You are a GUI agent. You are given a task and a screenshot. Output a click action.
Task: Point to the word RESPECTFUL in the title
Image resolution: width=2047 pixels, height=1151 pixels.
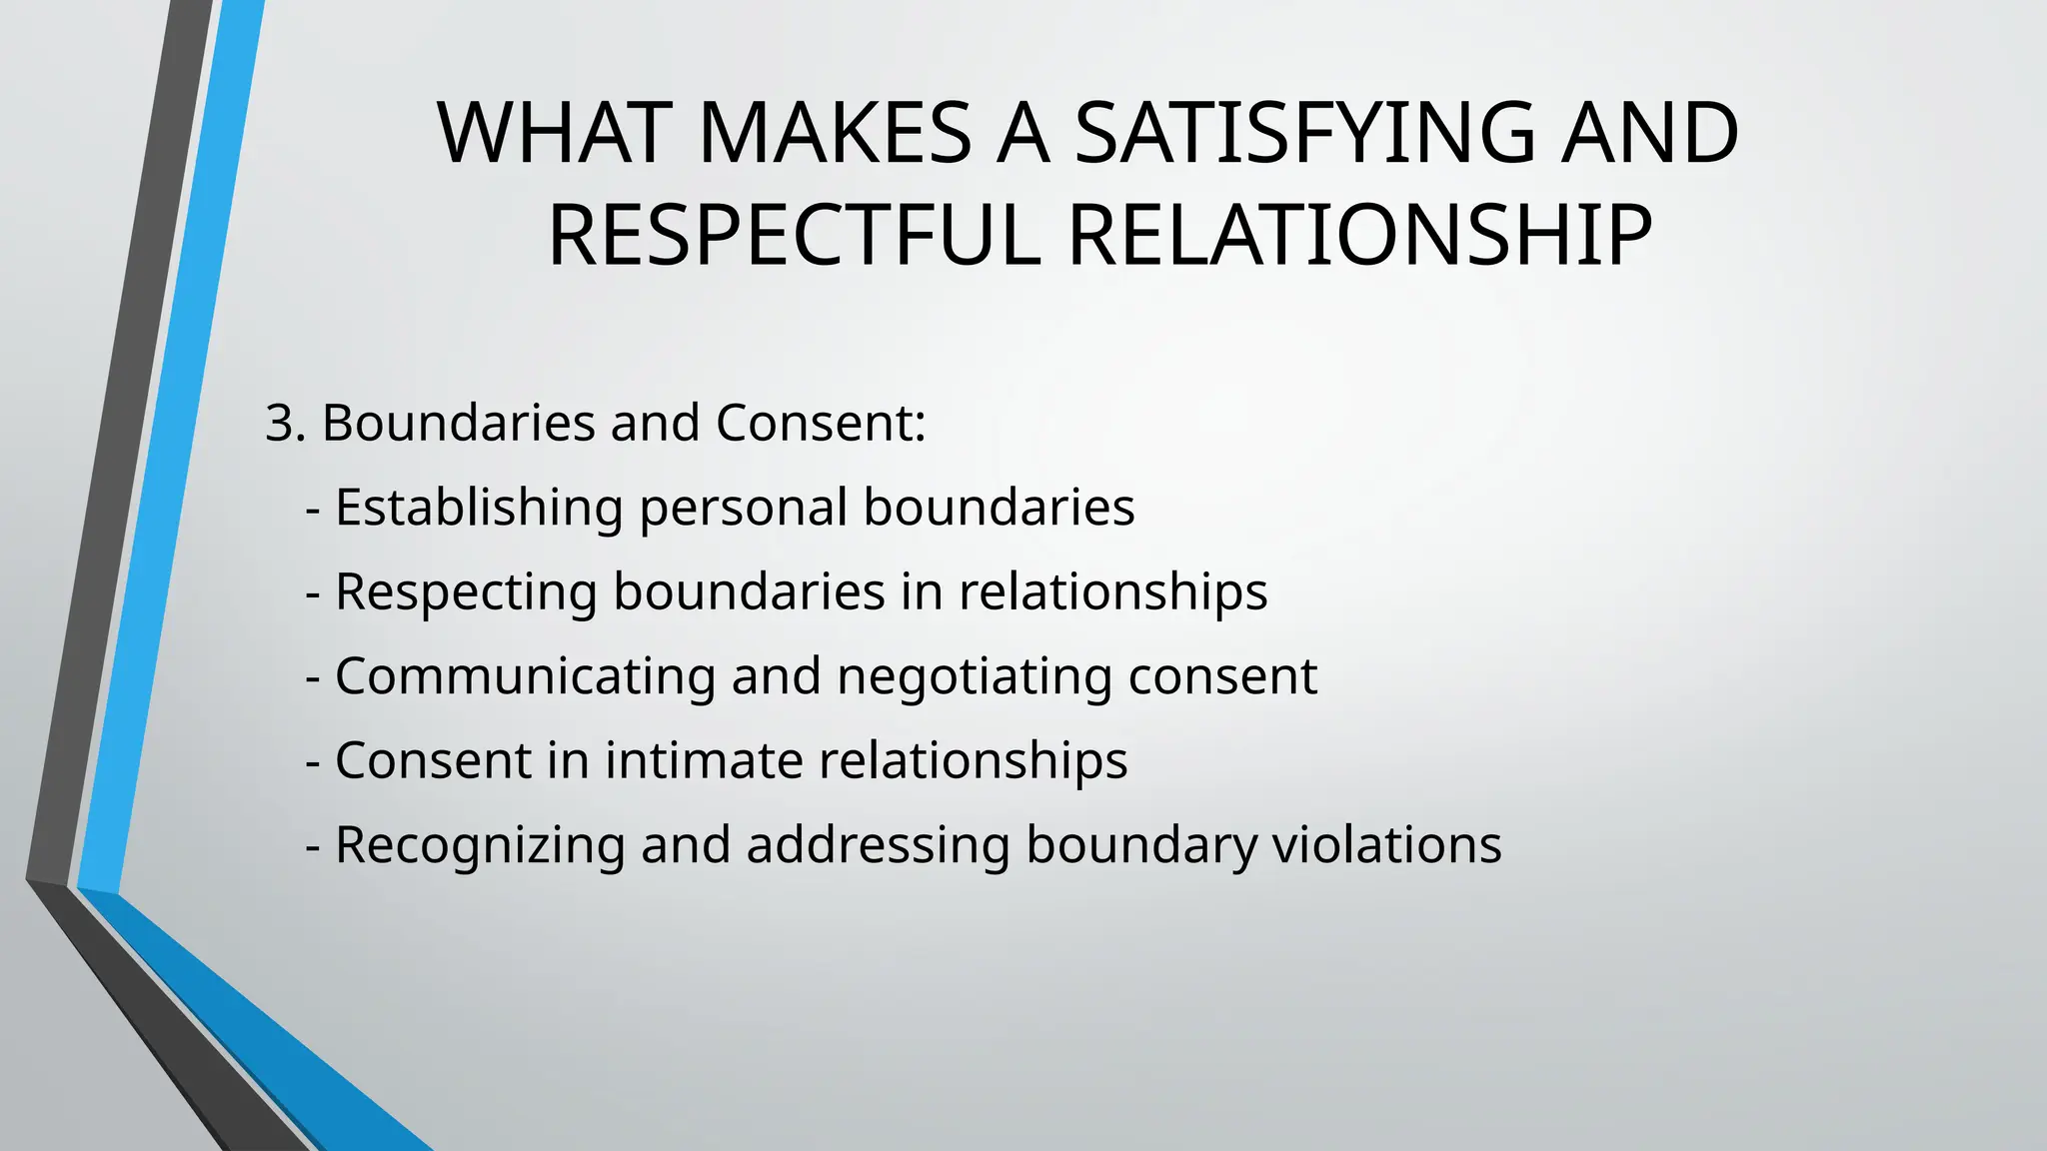pyautogui.click(x=794, y=236)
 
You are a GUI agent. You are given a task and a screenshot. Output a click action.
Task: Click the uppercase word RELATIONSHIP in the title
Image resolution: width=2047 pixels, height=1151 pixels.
pyautogui.click(x=1359, y=236)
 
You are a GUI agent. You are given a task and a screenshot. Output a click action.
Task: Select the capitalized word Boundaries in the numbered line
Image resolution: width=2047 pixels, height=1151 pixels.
pyautogui.click(x=459, y=423)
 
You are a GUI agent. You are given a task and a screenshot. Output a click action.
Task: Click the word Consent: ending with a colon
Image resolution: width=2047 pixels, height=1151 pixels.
pyautogui.click(x=821, y=423)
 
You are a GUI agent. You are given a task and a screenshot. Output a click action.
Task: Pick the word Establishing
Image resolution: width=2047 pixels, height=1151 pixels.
pyautogui.click(x=479, y=508)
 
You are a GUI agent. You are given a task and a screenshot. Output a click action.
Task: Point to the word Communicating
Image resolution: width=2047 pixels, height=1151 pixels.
pyautogui.click(x=525, y=676)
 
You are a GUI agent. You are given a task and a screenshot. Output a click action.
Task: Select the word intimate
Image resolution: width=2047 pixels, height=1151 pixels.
pyautogui.click(x=705, y=760)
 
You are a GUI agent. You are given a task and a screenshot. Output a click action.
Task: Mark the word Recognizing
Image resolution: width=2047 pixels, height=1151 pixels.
pyautogui.click(x=479, y=846)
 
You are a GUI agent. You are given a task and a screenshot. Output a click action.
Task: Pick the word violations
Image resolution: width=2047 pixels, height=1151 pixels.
pyautogui.click(x=1386, y=844)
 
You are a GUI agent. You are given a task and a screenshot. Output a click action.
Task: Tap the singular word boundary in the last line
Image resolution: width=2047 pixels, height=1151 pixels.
pyautogui.click(x=1141, y=846)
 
